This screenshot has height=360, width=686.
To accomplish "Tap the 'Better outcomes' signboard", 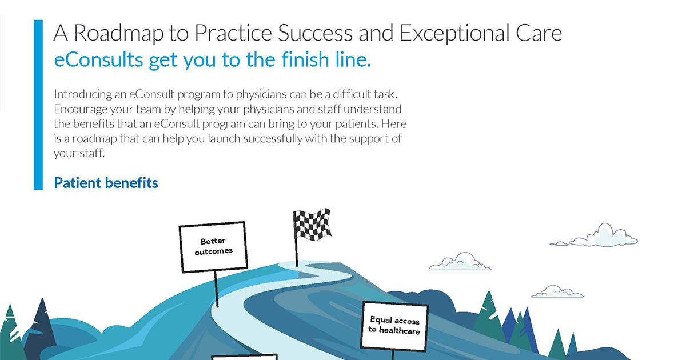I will (x=213, y=246).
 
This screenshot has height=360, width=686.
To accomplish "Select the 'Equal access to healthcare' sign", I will (x=394, y=326).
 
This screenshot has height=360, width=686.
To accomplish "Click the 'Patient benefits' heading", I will (x=106, y=183).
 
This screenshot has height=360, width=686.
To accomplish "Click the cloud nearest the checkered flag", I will (x=460, y=262).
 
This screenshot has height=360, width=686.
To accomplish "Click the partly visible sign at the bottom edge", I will (x=244, y=357).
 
